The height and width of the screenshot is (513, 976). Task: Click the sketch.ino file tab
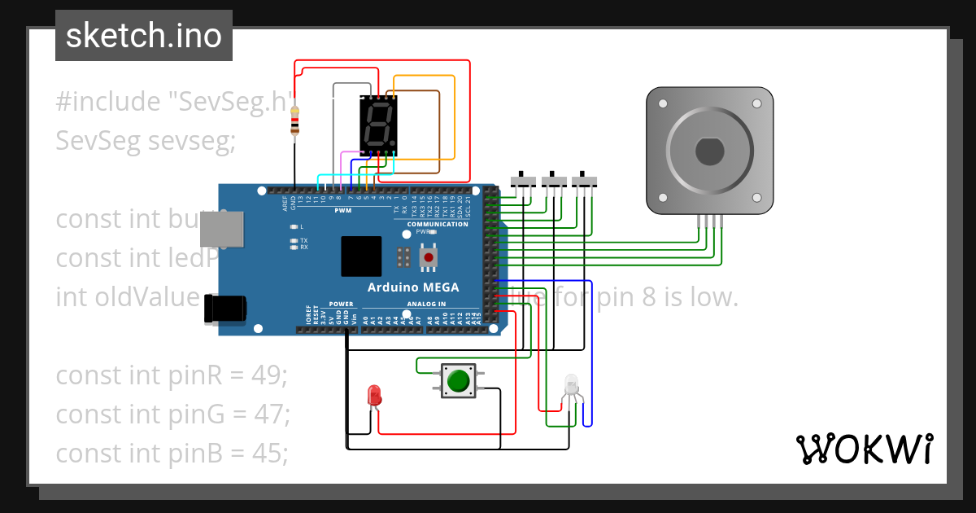[x=143, y=36]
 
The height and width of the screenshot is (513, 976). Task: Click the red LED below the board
[x=374, y=395]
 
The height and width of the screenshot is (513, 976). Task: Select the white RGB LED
[x=571, y=384]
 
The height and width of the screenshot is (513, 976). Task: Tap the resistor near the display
[x=294, y=121]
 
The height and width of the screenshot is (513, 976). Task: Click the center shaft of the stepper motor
[x=708, y=151]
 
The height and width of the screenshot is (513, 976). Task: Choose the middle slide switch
[x=553, y=181]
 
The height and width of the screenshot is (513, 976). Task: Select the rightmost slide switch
[x=584, y=181]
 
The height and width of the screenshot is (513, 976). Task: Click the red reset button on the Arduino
[x=428, y=258]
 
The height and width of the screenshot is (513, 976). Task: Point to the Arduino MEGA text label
[x=412, y=287]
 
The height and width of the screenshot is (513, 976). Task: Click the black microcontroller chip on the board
[x=361, y=256]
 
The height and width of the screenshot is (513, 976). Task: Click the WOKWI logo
[x=864, y=449]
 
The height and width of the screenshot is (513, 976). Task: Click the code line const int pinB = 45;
[x=172, y=453]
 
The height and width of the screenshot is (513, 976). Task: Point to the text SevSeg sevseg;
[x=146, y=141]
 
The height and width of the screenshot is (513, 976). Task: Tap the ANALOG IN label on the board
[x=425, y=304]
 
